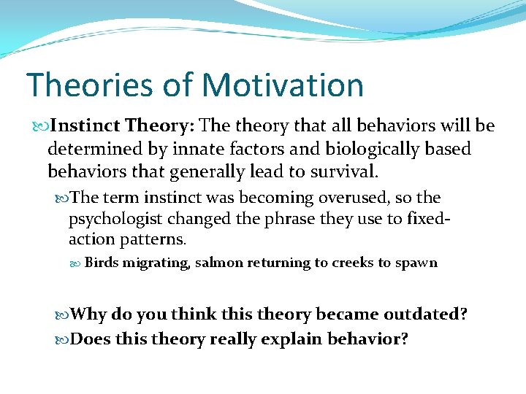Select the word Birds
coord(102,263)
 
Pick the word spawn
coord(416,263)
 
